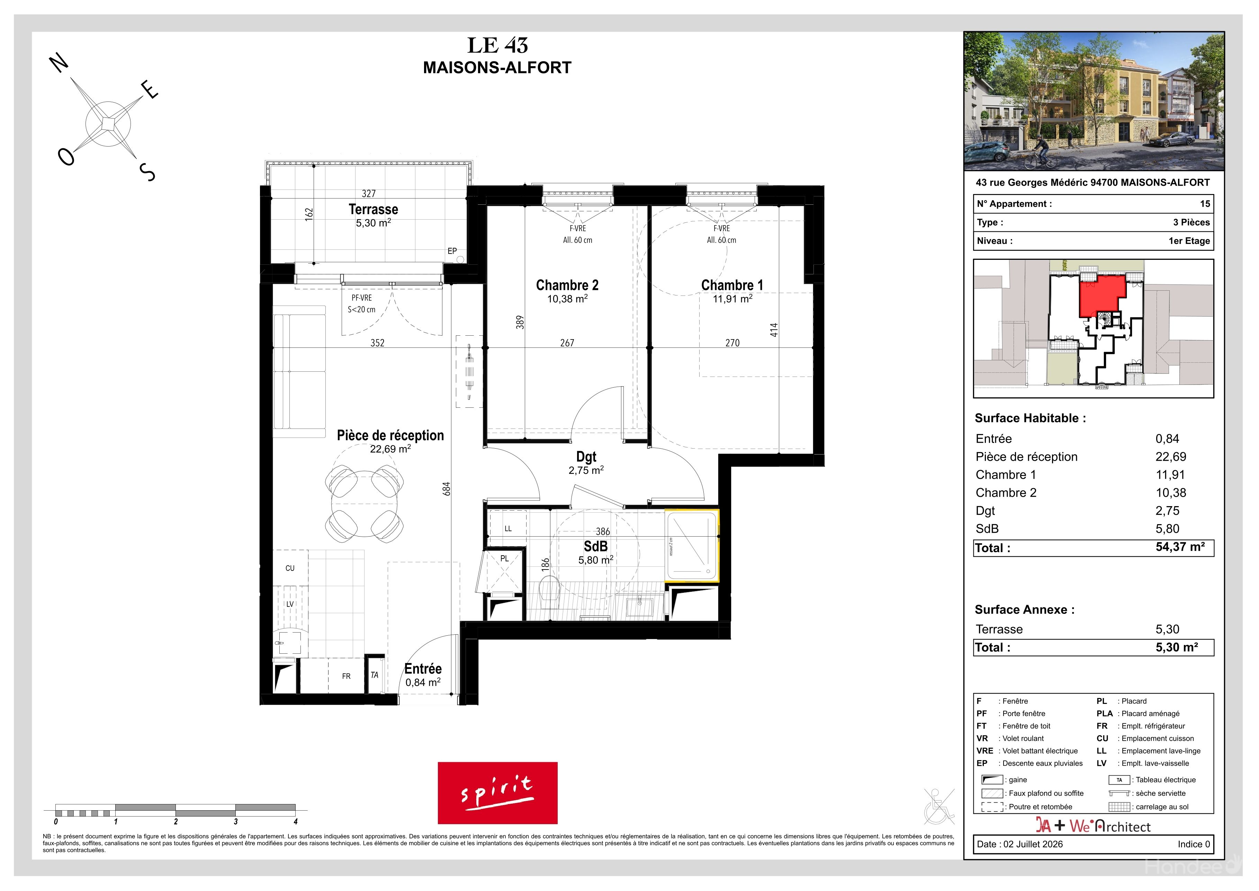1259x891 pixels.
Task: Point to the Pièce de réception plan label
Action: [x=390, y=435]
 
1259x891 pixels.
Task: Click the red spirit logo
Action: [x=497, y=793]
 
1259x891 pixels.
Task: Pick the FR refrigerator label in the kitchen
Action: [x=346, y=676]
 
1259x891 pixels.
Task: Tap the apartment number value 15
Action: [x=1205, y=204]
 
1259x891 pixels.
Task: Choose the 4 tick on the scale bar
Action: [x=296, y=821]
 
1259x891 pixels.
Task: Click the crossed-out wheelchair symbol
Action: [x=939, y=806]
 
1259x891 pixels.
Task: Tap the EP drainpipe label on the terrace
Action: [x=452, y=251]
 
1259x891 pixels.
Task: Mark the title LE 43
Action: [x=497, y=45]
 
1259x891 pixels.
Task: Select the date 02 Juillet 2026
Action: [x=1033, y=844]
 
